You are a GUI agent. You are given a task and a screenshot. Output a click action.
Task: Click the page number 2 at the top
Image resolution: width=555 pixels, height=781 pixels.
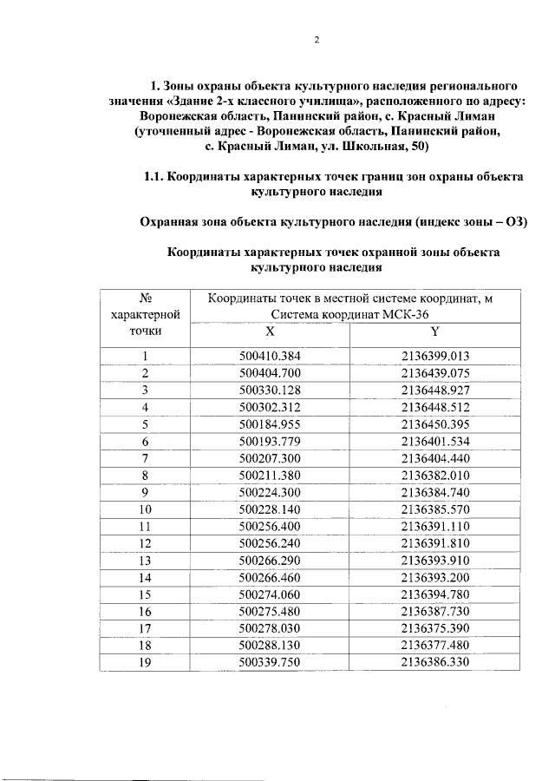point(317,41)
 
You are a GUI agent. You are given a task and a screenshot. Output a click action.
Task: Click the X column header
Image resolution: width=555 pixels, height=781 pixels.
point(269,331)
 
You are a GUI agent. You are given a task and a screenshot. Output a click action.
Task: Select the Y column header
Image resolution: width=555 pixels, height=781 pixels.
point(434,331)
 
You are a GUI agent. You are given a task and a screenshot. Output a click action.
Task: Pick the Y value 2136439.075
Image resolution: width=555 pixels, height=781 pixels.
point(434,373)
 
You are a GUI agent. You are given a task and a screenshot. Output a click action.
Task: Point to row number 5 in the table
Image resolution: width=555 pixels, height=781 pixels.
point(145,423)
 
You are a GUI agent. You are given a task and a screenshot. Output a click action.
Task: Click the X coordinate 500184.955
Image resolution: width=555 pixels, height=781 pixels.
point(269,423)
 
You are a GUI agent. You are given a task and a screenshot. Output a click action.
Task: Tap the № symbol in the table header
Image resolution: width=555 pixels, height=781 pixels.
point(145,299)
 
